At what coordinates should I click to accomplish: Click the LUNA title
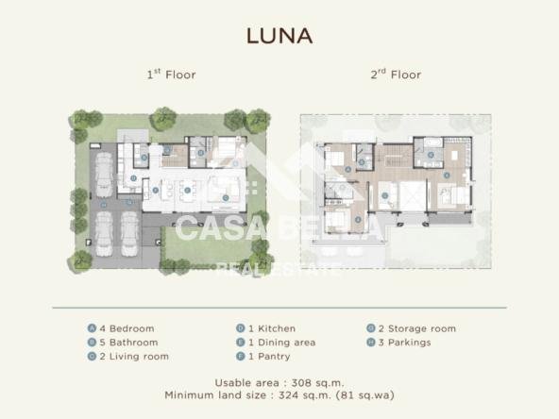point(279,36)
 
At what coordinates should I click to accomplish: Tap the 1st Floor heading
point(172,75)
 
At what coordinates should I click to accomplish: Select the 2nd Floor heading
point(396,75)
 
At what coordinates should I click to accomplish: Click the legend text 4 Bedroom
point(127,328)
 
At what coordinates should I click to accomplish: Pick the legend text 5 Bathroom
point(128,343)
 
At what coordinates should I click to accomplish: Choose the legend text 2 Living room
point(134,357)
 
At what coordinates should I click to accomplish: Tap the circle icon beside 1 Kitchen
point(241,328)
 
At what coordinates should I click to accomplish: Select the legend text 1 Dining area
point(282,343)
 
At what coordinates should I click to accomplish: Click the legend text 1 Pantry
point(269,357)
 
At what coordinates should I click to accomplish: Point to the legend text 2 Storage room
point(417,328)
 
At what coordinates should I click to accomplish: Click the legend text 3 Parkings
point(405,343)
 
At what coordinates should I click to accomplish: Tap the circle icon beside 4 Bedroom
point(92,328)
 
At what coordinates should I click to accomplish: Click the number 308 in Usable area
point(301,383)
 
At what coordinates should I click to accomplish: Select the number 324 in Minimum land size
point(288,395)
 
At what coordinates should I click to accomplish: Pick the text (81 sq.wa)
point(365,395)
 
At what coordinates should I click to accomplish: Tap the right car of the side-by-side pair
point(129,234)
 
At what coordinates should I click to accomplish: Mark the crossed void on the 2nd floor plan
point(413,196)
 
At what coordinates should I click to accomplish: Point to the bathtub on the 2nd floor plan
point(432,142)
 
